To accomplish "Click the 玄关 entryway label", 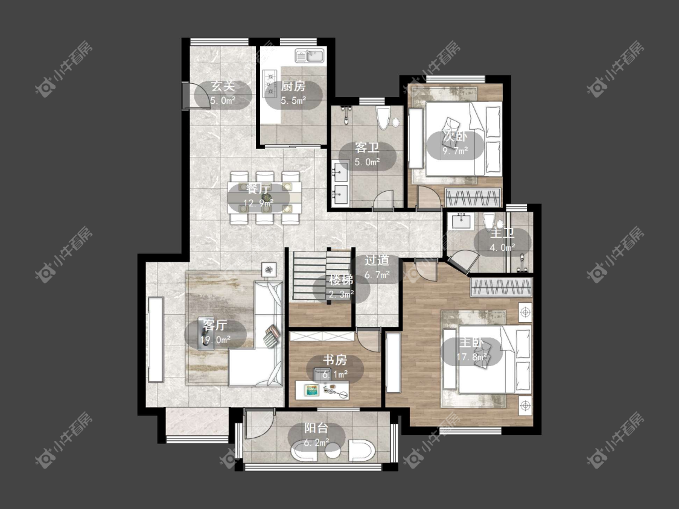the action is pos(223,86).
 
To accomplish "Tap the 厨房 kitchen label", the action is pos(293,86).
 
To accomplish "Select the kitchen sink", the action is pos(310,56).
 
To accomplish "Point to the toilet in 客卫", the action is pos(383,118).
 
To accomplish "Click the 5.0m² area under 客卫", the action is pos(367,162).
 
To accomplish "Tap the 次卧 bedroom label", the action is pos(454,137).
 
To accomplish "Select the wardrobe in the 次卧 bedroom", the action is pos(473,197).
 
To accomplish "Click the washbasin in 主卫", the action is pos(462,221).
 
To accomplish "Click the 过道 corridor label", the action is pos(377,260).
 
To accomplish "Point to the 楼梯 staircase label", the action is pos(341,280).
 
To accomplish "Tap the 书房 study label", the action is pos(335,359).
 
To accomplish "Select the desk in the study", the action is pos(322,390).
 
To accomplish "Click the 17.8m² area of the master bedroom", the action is pos(471,357).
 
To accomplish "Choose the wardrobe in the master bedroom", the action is pos(502,288).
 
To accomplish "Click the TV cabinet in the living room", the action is pos(156,340).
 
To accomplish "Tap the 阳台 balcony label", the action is pos(316,428).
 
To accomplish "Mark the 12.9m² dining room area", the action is pos(258,203).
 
